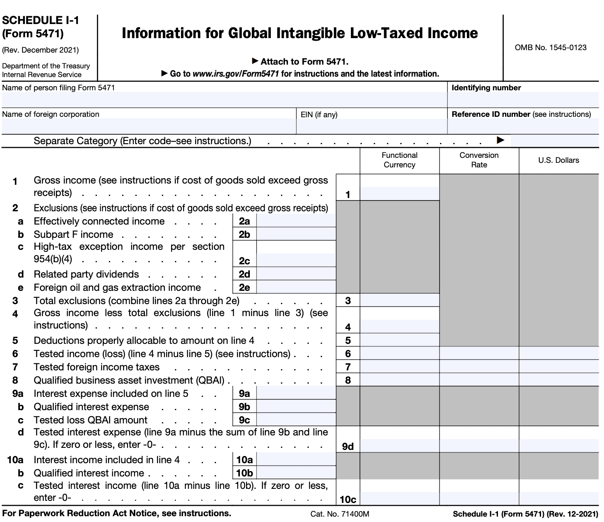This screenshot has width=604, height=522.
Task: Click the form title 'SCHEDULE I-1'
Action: (41, 20)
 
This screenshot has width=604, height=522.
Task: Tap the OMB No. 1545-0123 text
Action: (551, 48)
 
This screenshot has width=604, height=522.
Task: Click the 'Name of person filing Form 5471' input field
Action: (224, 100)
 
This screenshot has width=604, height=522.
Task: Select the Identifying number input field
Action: (523, 100)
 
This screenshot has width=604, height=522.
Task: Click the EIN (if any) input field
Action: (371, 126)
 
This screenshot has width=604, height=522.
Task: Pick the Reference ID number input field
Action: (523, 126)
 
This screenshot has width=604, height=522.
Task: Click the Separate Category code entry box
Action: (554, 141)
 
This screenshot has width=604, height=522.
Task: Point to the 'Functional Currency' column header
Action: (399, 160)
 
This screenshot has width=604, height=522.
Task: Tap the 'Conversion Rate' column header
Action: (479, 160)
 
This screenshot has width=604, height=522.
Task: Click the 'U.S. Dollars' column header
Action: (558, 160)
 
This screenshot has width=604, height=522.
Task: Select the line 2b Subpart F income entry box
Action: (296, 234)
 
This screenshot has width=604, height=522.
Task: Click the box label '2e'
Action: (244, 288)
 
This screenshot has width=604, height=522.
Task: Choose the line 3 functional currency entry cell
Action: (399, 300)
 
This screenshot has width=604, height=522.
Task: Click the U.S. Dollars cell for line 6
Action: (558, 353)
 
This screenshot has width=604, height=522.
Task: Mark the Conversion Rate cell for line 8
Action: (479, 380)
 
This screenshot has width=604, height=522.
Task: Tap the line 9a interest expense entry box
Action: (296, 393)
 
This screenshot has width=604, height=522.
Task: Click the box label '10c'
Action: (348, 499)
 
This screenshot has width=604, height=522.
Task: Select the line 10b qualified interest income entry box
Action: (296, 473)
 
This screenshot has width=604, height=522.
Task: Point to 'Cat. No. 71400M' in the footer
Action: (340, 514)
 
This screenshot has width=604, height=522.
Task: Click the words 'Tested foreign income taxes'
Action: (97, 367)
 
